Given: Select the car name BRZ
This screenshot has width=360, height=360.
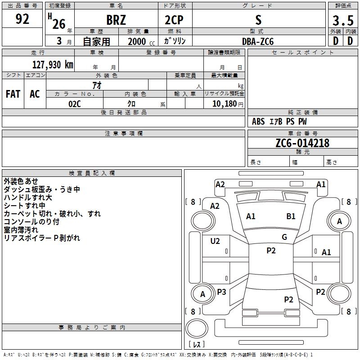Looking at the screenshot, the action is point(116,20).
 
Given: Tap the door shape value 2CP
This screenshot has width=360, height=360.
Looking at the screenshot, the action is point(174,20).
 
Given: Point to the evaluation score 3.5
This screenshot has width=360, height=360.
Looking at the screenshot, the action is point(342,20).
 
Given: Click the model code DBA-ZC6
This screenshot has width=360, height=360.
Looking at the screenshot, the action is point(257,41).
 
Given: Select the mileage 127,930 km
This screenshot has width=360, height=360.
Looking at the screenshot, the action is point(52,64).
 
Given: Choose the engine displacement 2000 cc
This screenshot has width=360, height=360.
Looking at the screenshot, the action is point(138,41).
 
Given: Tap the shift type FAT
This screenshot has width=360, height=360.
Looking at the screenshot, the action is point(13,94).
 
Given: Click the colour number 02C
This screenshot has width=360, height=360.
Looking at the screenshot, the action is point(74,103).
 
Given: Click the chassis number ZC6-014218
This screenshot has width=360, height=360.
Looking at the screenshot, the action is point(302,143).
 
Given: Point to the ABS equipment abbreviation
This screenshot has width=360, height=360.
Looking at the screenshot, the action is point(258,121).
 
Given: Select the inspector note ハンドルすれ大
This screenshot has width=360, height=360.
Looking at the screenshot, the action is point(28,198).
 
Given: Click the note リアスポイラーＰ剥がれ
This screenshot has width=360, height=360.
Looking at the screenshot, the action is point(42,238).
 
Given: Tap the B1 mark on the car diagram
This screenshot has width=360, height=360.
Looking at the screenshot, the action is point(291,216).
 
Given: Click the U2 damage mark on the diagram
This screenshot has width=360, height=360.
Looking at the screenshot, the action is point(215,241).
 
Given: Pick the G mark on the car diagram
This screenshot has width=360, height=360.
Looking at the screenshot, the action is point(284,237).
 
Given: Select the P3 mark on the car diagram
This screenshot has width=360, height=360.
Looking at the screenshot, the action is point(221,292).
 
